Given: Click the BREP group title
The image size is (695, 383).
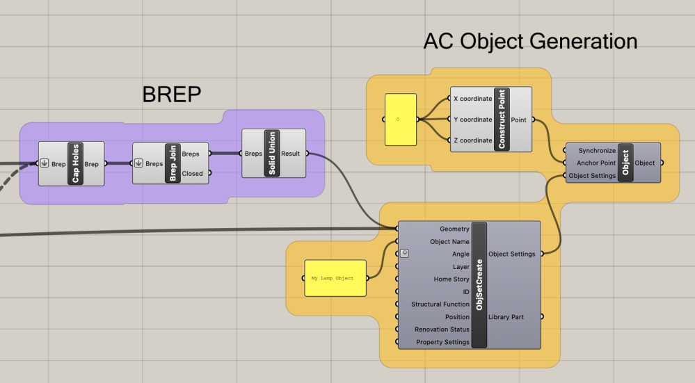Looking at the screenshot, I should (x=172, y=94).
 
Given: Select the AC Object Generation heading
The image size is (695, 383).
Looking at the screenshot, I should (x=530, y=42).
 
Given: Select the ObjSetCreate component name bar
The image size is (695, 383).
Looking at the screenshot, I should (x=479, y=285).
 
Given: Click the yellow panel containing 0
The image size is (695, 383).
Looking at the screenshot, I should (x=400, y=120).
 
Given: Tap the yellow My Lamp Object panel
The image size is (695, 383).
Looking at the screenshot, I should (x=335, y=278).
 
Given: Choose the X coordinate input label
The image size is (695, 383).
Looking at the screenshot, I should (x=472, y=99).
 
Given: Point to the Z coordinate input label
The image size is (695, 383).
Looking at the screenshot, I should (x=472, y=140).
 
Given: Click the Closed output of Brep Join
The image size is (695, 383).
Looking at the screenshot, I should (x=193, y=174).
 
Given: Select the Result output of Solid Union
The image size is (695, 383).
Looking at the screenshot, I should (x=291, y=154).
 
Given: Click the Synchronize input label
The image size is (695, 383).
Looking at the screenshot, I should (x=597, y=150).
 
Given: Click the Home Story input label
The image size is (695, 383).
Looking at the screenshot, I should (x=452, y=279).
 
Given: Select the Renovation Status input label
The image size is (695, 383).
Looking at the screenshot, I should (x=442, y=329).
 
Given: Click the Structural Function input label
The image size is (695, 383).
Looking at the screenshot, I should (x=440, y=304).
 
